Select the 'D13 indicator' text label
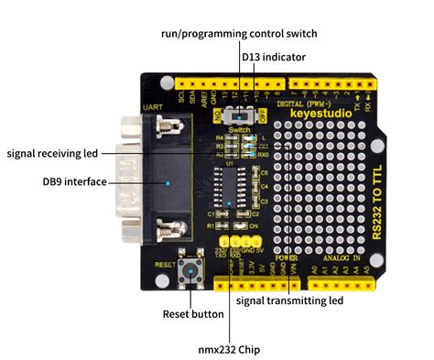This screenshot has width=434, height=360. [274, 57]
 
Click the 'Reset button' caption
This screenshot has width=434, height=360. [193, 314]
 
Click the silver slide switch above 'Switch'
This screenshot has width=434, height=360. [241, 116]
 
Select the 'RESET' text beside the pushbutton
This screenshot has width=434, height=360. [164, 263]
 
